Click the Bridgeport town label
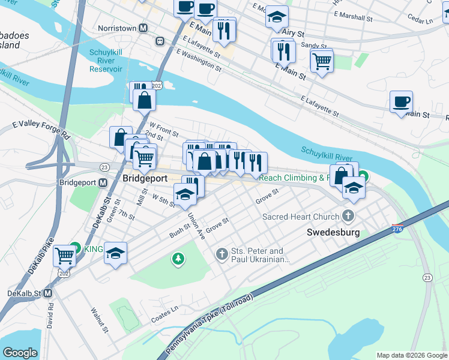[145, 179]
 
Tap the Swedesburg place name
[333, 232]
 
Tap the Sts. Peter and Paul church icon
[222, 255]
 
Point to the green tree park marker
[178, 259]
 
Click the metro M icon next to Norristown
[143, 28]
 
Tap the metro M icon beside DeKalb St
[48, 293]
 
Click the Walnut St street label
[98, 321]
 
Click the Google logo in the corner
[20, 353]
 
